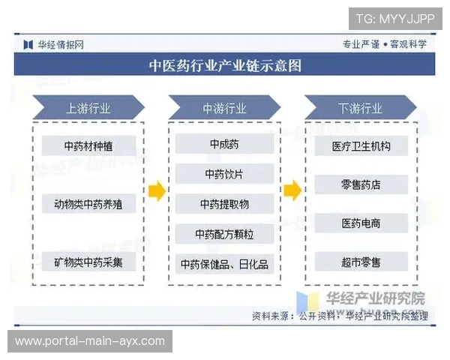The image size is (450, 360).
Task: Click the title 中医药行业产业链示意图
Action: point(225,65)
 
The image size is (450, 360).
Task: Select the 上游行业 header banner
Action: point(88,108)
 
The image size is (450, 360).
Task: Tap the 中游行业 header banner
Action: point(224,108)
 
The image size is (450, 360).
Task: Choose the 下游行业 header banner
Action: point(361,108)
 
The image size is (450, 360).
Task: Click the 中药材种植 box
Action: point(88,145)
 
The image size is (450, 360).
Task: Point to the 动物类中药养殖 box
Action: point(88,203)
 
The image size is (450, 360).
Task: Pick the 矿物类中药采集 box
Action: point(88,262)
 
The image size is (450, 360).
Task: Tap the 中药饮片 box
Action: point(224,174)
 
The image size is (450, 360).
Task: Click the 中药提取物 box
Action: point(224,204)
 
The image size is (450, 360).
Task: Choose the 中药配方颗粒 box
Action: point(224,234)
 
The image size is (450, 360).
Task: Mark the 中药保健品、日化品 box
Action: point(224,264)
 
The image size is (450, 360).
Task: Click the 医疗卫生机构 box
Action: point(361,146)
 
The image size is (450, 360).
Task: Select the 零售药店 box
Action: point(361,184)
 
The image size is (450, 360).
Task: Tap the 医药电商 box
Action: point(361,223)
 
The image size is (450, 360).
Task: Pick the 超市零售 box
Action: point(361,262)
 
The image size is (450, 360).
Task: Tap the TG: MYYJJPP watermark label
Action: point(394,17)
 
